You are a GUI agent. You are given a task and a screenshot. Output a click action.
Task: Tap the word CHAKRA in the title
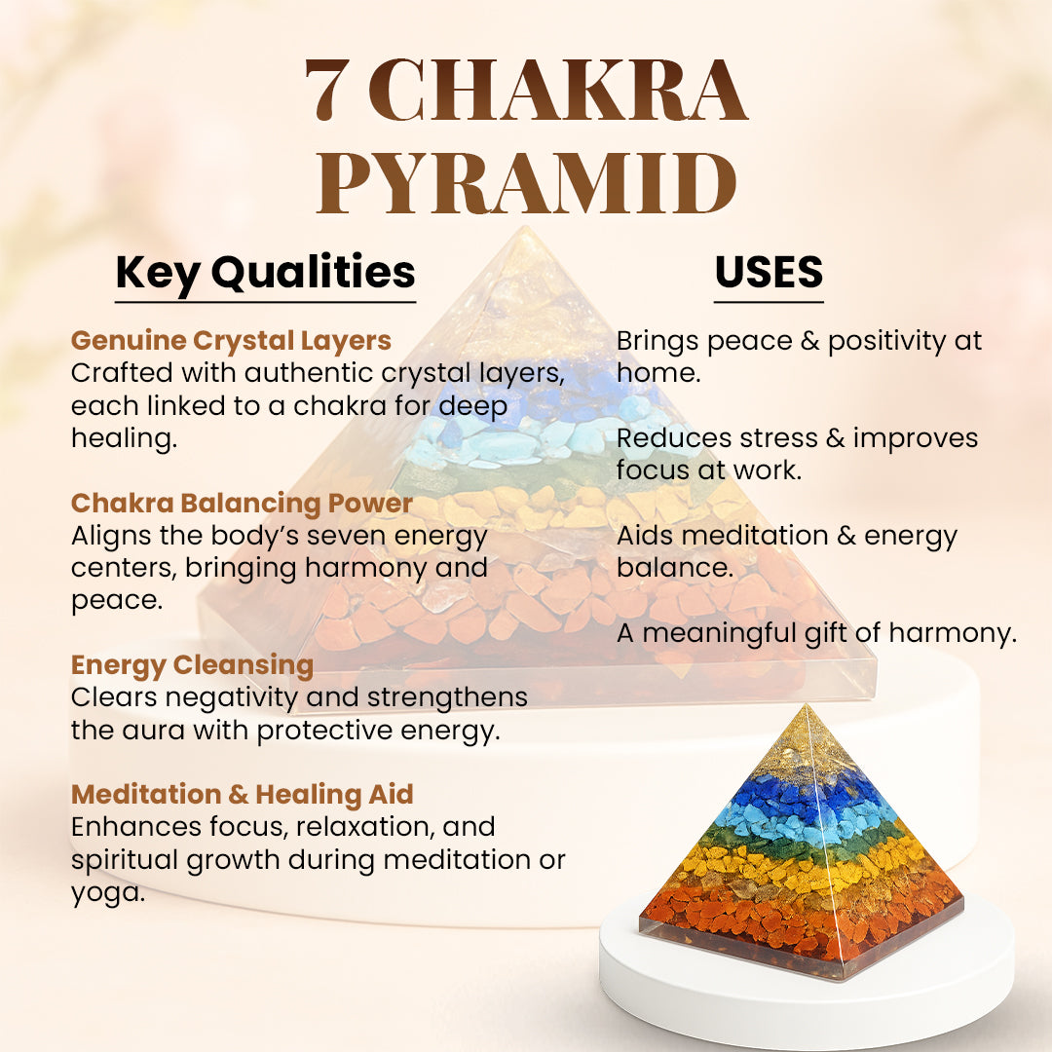point(558,90)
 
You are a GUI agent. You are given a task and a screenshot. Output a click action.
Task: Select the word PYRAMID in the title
point(527,182)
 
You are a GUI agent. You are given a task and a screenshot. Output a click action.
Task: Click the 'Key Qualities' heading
point(266,274)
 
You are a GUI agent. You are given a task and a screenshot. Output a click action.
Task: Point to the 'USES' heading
point(769,272)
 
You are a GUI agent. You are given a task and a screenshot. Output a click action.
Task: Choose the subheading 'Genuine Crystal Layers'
point(232,341)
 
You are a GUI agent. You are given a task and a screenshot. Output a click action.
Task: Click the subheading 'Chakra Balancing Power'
point(242,504)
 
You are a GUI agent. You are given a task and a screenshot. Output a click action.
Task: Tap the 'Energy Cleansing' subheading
point(193,665)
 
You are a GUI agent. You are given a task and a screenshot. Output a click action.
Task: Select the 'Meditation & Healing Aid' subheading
point(243,795)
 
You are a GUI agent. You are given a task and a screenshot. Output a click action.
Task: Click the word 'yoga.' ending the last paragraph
point(108,893)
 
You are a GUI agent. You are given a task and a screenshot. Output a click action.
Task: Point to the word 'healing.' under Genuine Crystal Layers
point(124,438)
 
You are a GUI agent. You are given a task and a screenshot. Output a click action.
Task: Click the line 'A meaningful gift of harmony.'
point(817,633)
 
